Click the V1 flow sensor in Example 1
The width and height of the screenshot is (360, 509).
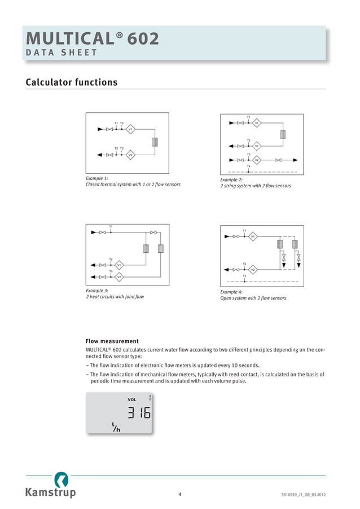(x=130, y=129)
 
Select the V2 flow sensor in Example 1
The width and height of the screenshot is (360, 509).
(x=130, y=155)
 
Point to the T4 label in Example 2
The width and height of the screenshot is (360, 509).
(x=248, y=166)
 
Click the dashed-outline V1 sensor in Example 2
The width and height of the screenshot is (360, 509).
(x=256, y=146)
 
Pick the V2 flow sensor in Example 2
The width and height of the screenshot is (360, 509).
(x=256, y=160)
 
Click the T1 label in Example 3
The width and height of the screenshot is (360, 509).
(x=111, y=226)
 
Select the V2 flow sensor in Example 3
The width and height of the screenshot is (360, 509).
(x=119, y=277)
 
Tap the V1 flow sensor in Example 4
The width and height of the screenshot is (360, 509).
(x=253, y=236)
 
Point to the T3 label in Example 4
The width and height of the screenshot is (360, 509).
(x=244, y=276)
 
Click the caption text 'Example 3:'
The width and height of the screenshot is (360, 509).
(x=97, y=291)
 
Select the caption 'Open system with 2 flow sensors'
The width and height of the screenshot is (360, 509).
(x=253, y=298)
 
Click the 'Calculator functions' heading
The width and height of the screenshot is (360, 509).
(x=72, y=82)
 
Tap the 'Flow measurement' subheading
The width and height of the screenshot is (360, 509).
(x=112, y=341)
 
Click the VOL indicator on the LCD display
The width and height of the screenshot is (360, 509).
(x=132, y=399)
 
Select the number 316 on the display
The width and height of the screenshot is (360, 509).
(x=138, y=413)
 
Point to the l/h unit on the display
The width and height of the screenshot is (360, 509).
(x=116, y=428)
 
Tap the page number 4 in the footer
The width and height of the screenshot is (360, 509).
(x=179, y=495)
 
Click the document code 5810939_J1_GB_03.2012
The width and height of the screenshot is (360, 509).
(x=303, y=495)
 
